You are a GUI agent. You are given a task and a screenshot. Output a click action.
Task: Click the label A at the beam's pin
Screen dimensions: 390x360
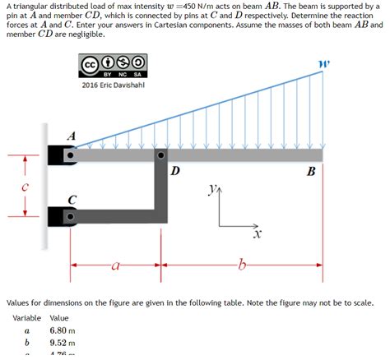pos(72,136)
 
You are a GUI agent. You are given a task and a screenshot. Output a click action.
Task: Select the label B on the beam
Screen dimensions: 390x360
pos(310,171)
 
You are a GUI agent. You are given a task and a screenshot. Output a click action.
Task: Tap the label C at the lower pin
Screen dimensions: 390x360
pos(72,200)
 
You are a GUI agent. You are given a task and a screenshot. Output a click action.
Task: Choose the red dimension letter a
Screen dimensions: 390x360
pos(115,265)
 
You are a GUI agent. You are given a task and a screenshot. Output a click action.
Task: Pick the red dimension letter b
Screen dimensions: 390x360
pos(241,265)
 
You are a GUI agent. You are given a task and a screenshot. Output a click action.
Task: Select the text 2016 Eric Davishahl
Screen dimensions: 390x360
pos(114,85)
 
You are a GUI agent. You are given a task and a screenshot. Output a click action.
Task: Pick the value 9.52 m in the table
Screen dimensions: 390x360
pos(63,344)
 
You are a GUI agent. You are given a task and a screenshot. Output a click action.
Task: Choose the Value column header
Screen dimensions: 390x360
pos(59,317)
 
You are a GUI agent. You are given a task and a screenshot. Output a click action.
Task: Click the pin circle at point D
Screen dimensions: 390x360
pos(162,155)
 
